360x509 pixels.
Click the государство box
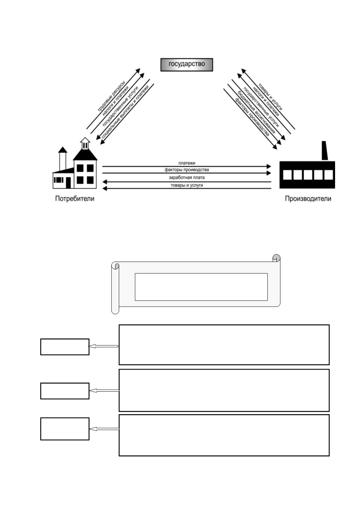[187, 65]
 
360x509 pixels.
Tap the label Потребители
[75, 199]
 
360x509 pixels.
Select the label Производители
[308, 199]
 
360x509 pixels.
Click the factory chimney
[325, 151]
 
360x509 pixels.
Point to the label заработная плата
[187, 178]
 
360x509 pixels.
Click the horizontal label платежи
[187, 163]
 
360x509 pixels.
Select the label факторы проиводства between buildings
[187, 170]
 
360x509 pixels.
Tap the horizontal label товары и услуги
[187, 185]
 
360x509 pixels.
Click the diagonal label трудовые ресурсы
[111, 96]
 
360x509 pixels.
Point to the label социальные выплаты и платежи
[125, 111]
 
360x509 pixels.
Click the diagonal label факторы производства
[252, 117]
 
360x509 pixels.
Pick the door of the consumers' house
[68, 183]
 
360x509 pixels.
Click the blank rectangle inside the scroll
[201, 287]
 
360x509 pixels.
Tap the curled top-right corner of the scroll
[276, 258]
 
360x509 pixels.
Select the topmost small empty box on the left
[65, 346]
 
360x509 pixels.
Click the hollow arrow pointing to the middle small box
[104, 390]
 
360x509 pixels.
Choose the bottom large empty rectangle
[224, 435]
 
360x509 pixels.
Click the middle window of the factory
[308, 175]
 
